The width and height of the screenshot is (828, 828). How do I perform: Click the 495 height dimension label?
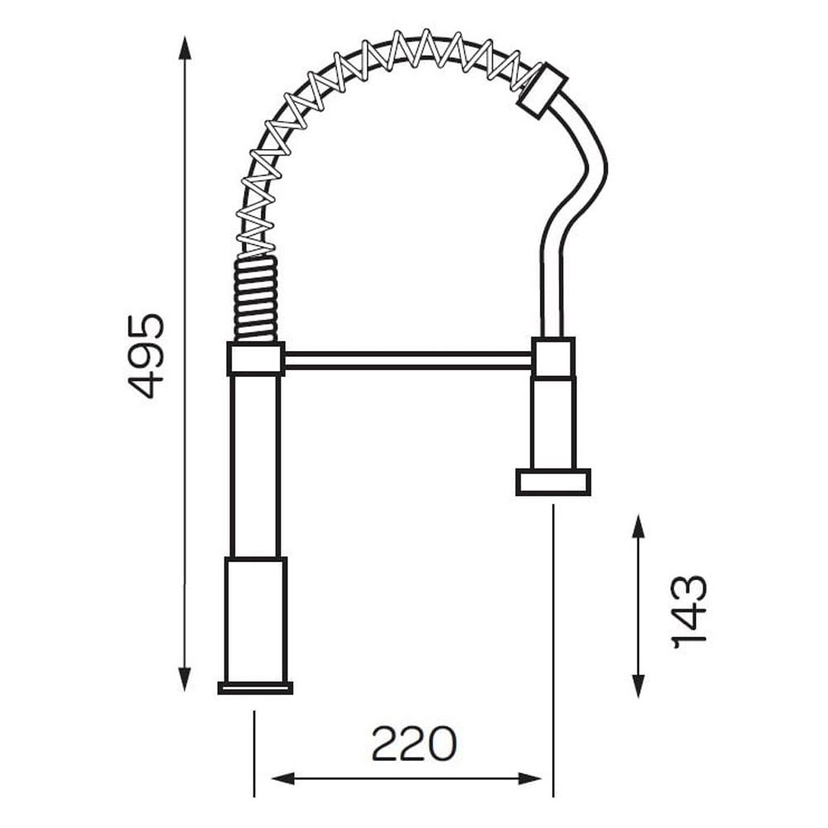147,355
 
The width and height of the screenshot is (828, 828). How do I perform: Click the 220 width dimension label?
413,744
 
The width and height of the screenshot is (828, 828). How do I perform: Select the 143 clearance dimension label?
689,611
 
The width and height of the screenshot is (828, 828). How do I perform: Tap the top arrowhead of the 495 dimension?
185,48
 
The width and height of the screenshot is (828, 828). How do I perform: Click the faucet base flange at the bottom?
255,687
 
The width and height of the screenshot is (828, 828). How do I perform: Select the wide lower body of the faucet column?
255,619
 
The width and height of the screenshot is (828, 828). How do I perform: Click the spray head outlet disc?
553,482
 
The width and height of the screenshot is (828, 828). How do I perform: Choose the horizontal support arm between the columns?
408,360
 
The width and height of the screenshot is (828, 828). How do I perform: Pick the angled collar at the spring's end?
542,91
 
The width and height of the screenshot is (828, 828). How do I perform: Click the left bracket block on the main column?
256,359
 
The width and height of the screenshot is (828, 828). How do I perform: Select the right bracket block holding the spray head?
553,358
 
